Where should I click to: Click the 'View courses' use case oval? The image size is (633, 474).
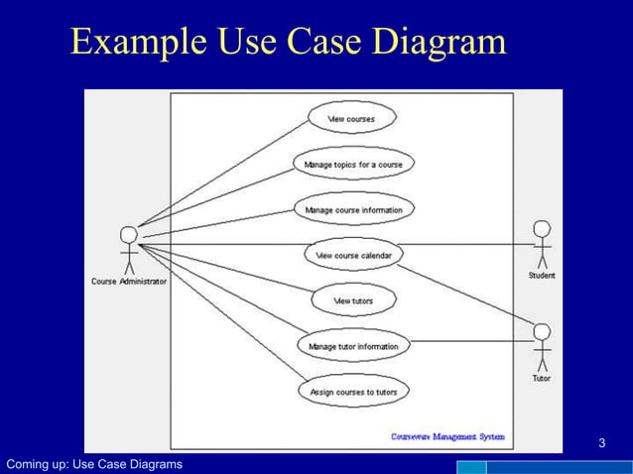[351, 118]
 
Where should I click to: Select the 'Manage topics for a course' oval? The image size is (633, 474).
[352, 164]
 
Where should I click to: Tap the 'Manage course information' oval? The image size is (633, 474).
[353, 209]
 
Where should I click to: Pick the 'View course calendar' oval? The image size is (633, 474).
[353, 255]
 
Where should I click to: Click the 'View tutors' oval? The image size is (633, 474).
[353, 300]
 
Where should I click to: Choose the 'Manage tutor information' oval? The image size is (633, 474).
[353, 346]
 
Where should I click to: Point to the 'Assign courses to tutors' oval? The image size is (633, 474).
[353, 392]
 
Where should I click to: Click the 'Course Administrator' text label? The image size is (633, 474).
[129, 282]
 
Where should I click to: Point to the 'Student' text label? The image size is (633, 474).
[542, 276]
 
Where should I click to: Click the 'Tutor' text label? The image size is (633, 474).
[542, 378]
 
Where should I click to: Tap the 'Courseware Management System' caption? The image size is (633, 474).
[447, 436]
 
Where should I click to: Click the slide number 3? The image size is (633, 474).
[602, 441]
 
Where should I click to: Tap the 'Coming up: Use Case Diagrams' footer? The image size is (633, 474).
[94, 465]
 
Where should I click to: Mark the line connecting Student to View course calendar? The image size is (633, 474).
[466, 244]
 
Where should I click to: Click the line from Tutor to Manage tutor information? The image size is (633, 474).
[471, 343]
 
